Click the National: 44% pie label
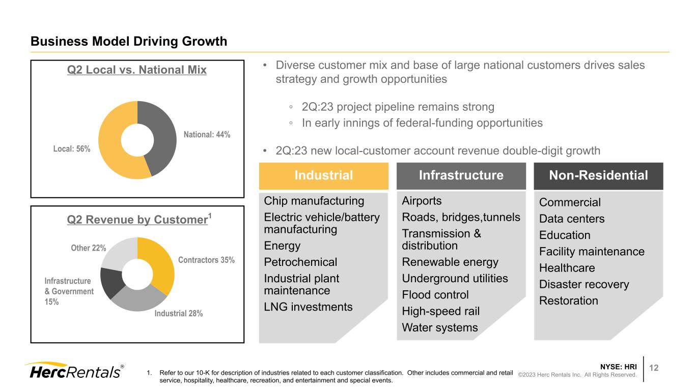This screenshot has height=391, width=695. pyautogui.click(x=207, y=135)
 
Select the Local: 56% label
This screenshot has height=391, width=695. pyautogui.click(x=72, y=149)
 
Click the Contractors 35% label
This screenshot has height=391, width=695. pyautogui.click(x=206, y=260)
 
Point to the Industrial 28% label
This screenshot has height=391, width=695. pyautogui.click(x=179, y=314)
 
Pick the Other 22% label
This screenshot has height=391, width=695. pyautogui.click(x=89, y=248)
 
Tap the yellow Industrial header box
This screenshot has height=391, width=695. pyautogui.click(x=324, y=175)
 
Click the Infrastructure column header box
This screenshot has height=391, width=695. pyautogui.click(x=461, y=175)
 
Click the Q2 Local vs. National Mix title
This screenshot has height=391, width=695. pyautogui.click(x=137, y=70)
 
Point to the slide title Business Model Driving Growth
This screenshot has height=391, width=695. pyautogui.click(x=129, y=41)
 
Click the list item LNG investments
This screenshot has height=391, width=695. pyautogui.click(x=309, y=307)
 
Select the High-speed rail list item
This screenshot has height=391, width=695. pyautogui.click(x=440, y=311)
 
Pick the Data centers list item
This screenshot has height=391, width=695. pyautogui.click(x=572, y=219)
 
